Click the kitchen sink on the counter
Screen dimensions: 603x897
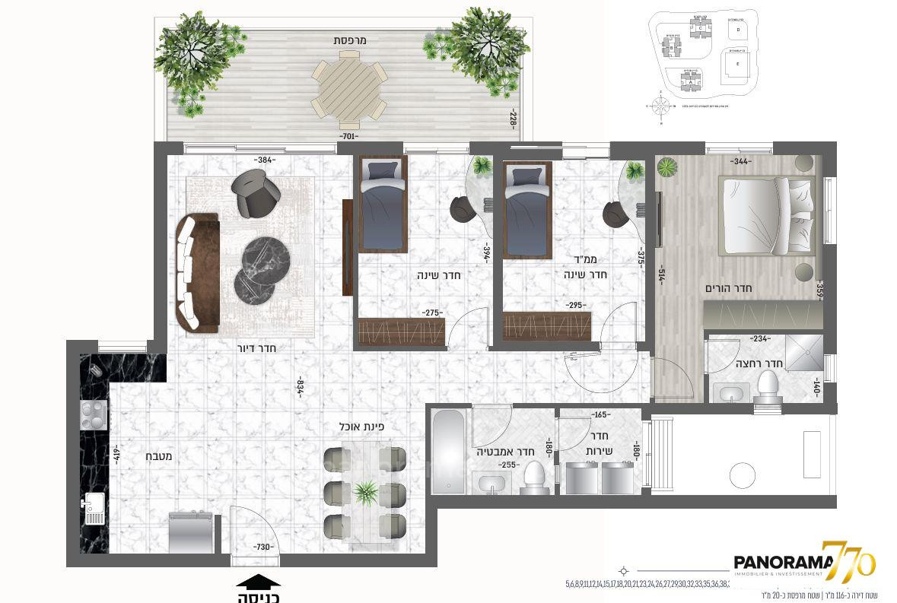tap(95, 509)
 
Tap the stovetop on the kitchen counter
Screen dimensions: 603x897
tap(94, 415)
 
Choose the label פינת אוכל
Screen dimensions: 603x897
tap(364, 427)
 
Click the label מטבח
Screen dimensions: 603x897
tap(158, 457)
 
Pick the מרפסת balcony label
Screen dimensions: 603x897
tap(349, 40)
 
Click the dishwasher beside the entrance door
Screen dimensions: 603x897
tap(188, 532)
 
